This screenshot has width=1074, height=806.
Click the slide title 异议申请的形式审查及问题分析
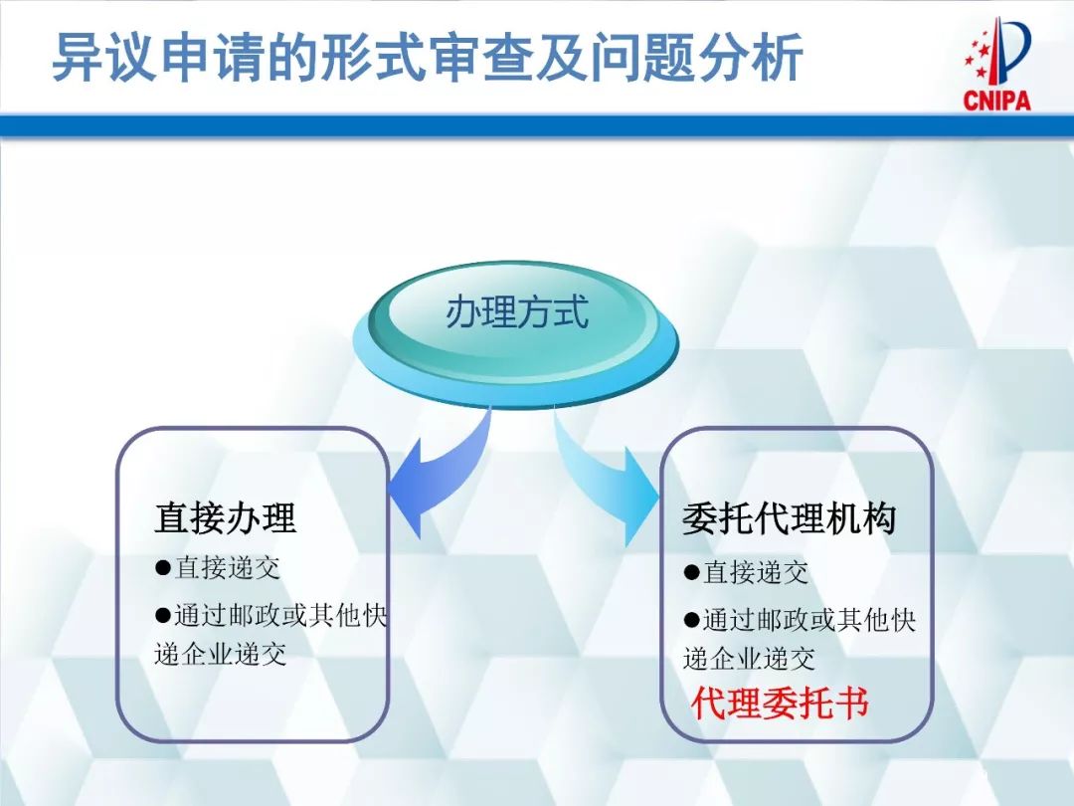(x=427, y=57)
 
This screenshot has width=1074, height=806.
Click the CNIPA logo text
(x=996, y=100)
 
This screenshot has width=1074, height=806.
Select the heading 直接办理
(x=226, y=518)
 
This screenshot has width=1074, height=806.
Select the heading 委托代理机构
(x=790, y=519)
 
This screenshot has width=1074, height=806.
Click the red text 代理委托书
(x=781, y=703)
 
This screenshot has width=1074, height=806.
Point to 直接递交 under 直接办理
(x=228, y=567)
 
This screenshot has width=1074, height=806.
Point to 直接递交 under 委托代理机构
(x=756, y=572)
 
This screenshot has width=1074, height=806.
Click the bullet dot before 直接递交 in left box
(x=163, y=567)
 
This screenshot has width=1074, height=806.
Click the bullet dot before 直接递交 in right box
(x=691, y=572)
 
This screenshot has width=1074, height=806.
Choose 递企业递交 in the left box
(x=221, y=655)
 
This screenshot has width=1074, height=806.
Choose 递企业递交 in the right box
(x=749, y=658)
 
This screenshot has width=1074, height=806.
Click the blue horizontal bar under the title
(x=537, y=125)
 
